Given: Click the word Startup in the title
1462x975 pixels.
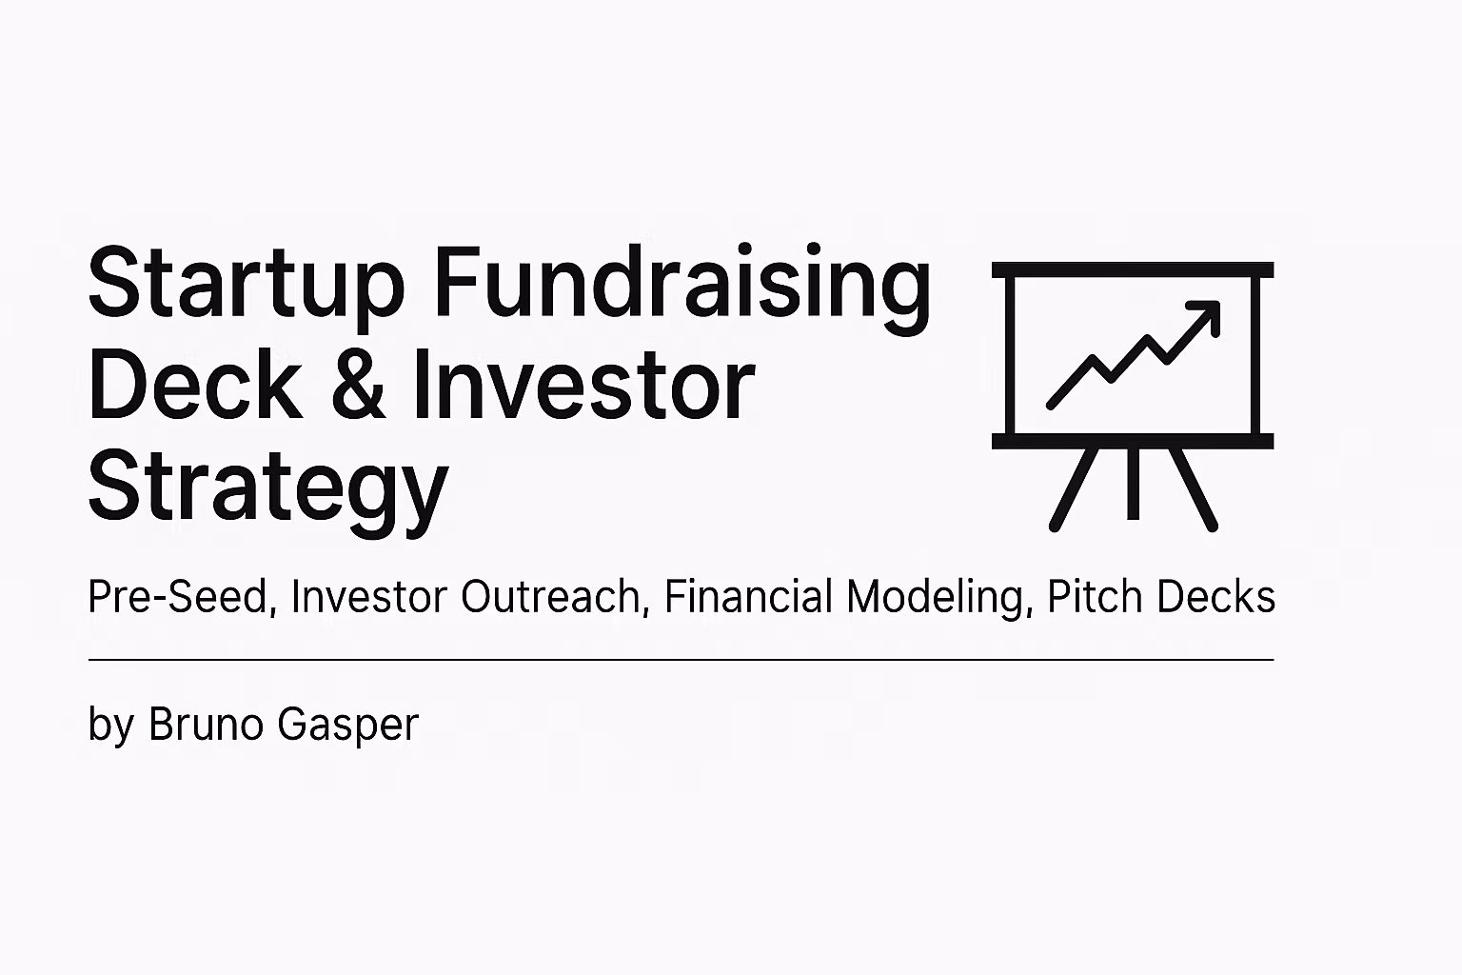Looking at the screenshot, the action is point(247,289).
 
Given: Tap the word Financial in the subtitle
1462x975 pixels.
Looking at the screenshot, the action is point(748,596).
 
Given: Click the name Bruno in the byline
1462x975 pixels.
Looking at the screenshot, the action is point(206,724).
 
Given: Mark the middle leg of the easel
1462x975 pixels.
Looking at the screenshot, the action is point(1133,484).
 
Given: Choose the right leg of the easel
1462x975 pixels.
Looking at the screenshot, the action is point(1193,489).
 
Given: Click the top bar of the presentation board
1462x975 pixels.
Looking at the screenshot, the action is point(1133,269).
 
